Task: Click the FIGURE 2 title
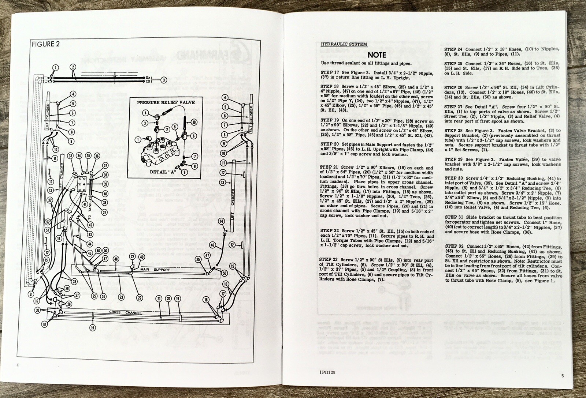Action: tap(46, 44)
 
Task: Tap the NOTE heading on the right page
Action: tap(377, 55)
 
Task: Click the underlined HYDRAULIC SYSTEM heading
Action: tap(344, 44)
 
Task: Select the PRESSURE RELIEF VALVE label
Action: tap(166, 102)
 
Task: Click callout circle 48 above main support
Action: tap(116, 259)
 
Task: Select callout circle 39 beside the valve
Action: tap(105, 184)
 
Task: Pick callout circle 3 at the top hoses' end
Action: tap(164, 80)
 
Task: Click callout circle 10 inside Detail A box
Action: tap(194, 122)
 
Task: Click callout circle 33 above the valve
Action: tap(71, 156)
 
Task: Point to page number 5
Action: tap(562, 375)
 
